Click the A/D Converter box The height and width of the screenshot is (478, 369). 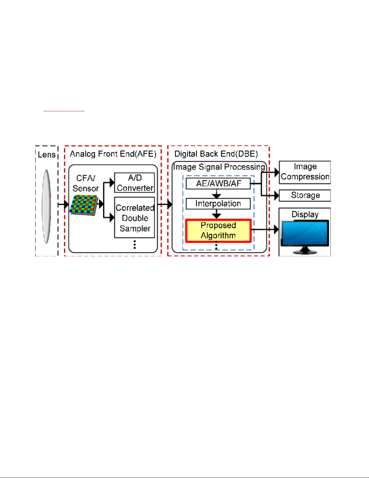pyautogui.click(x=135, y=183)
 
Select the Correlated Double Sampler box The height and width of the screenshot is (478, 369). pyautogui.click(x=135, y=218)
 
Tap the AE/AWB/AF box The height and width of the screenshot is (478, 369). pyautogui.click(x=218, y=183)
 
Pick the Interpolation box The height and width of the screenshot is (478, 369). pyautogui.click(x=218, y=204)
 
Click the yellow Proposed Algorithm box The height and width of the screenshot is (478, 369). pyautogui.click(x=218, y=231)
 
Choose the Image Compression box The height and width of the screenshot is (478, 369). pyautogui.click(x=305, y=172)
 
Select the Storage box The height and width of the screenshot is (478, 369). pyautogui.click(x=305, y=195)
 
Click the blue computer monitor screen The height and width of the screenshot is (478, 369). pyautogui.click(x=305, y=233)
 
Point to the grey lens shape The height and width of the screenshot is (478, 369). pyautogui.click(x=46, y=206)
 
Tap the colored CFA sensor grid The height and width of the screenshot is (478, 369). pyautogui.click(x=84, y=204)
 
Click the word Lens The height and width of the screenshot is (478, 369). pyautogui.click(x=47, y=155)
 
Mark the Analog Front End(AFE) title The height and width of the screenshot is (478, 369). pyautogui.click(x=113, y=154)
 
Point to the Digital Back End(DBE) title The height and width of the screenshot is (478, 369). pyautogui.click(x=216, y=154)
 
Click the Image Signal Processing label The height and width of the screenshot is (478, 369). pyautogui.click(x=219, y=167)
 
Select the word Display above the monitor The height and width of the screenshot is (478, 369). pyautogui.click(x=305, y=214)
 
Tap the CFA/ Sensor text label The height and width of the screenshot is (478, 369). pyautogui.click(x=86, y=183)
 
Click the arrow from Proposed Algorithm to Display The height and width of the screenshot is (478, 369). pyautogui.click(x=264, y=230)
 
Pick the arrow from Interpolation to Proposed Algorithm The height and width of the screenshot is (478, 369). pyautogui.click(x=217, y=214)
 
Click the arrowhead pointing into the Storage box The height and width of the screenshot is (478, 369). pyautogui.click(x=277, y=196)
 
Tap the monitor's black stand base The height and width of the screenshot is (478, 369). pyautogui.click(x=305, y=252)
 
